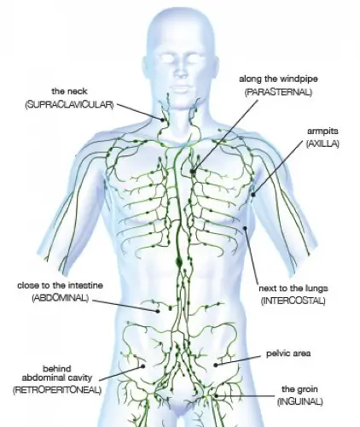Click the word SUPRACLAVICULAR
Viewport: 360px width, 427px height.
click(69, 105)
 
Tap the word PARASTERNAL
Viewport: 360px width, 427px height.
click(278, 92)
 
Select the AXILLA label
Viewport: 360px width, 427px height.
click(322, 143)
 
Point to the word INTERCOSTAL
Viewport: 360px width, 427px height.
click(293, 301)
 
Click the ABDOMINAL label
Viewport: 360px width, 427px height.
click(61, 298)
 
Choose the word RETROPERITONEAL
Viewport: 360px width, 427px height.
click(57, 389)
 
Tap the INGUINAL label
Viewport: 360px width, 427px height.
click(300, 401)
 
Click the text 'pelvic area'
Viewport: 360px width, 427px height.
click(288, 354)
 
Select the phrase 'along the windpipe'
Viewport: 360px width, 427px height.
click(278, 79)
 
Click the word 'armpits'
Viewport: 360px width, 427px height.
click(322, 132)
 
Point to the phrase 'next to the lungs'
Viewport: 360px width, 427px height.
click(293, 289)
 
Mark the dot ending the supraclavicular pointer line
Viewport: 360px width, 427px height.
click(163, 120)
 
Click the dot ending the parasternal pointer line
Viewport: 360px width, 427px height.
click(193, 172)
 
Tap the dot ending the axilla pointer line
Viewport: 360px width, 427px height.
click(253, 195)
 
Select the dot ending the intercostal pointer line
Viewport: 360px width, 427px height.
click(245, 228)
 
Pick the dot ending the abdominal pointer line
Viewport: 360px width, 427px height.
click(157, 312)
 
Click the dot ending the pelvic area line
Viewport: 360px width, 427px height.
click(216, 365)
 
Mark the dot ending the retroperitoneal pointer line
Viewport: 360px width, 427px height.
click(143, 366)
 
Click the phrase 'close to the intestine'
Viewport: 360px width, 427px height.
click(60, 285)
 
